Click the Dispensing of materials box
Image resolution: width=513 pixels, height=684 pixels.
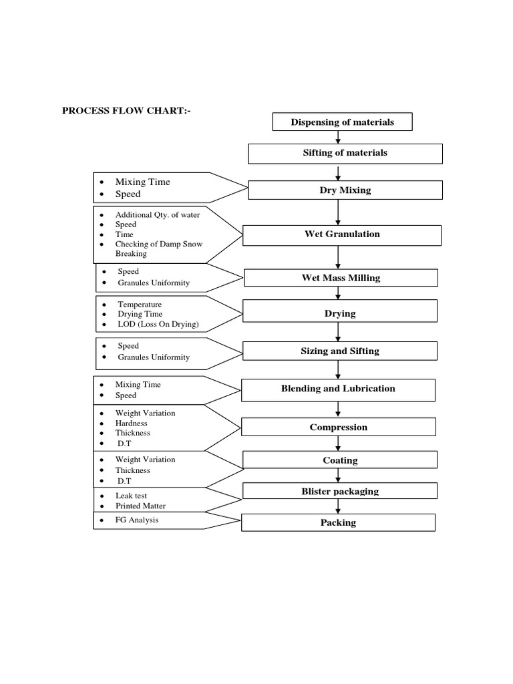point(342,122)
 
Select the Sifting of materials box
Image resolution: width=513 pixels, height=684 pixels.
point(345,153)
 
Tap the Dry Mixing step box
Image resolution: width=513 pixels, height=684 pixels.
point(345,190)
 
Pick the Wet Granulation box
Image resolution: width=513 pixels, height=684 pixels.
point(341,234)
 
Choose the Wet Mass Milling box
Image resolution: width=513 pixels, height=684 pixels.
point(341,278)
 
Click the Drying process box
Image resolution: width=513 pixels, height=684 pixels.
point(340,313)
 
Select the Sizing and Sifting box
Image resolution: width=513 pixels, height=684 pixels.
point(340,351)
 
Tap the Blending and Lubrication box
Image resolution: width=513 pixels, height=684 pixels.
point(338,389)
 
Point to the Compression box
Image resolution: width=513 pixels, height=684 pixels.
point(338,427)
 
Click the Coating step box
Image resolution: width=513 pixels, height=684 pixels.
point(339,460)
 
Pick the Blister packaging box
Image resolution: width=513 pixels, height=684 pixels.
point(339,492)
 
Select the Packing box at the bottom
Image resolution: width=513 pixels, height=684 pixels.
point(338,522)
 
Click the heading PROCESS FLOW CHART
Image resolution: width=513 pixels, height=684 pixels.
point(126,111)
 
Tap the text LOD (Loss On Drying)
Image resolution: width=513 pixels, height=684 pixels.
point(158,325)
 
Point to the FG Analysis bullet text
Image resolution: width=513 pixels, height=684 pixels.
point(137,520)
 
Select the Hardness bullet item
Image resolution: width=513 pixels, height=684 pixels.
point(132,423)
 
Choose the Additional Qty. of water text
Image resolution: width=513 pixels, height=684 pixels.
point(158,215)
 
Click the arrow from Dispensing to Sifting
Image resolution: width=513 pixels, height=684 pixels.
point(339,138)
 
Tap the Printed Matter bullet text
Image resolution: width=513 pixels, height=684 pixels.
point(140,506)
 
